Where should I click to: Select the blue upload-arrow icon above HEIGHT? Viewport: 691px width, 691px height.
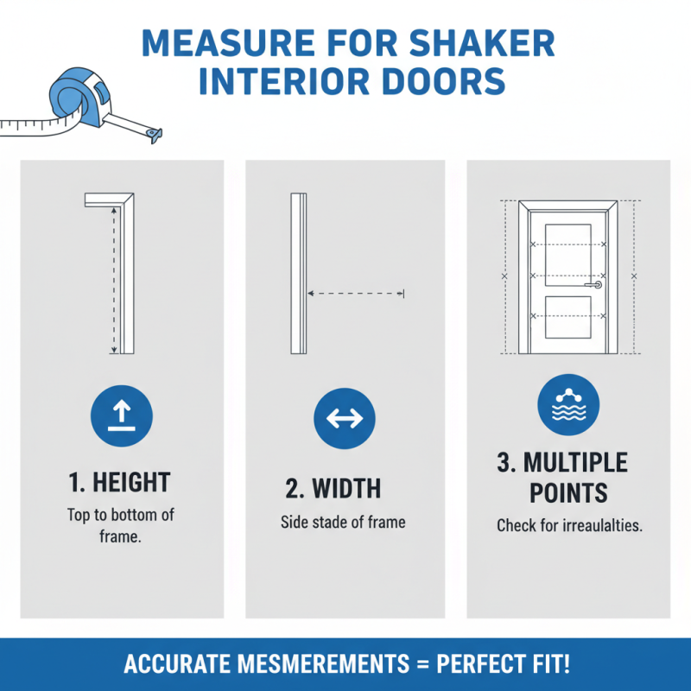tap(121, 416)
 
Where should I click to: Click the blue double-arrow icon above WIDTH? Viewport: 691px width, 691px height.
tap(345, 418)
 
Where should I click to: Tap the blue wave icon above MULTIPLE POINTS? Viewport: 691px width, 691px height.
tap(568, 403)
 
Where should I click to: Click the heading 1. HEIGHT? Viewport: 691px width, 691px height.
tap(120, 482)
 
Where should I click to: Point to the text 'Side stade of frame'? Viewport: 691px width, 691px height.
tap(343, 523)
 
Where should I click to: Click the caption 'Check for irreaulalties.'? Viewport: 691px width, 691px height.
tap(569, 525)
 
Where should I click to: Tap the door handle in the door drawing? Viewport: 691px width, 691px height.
tap(594, 284)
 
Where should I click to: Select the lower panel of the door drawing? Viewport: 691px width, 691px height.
tap(568, 315)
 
